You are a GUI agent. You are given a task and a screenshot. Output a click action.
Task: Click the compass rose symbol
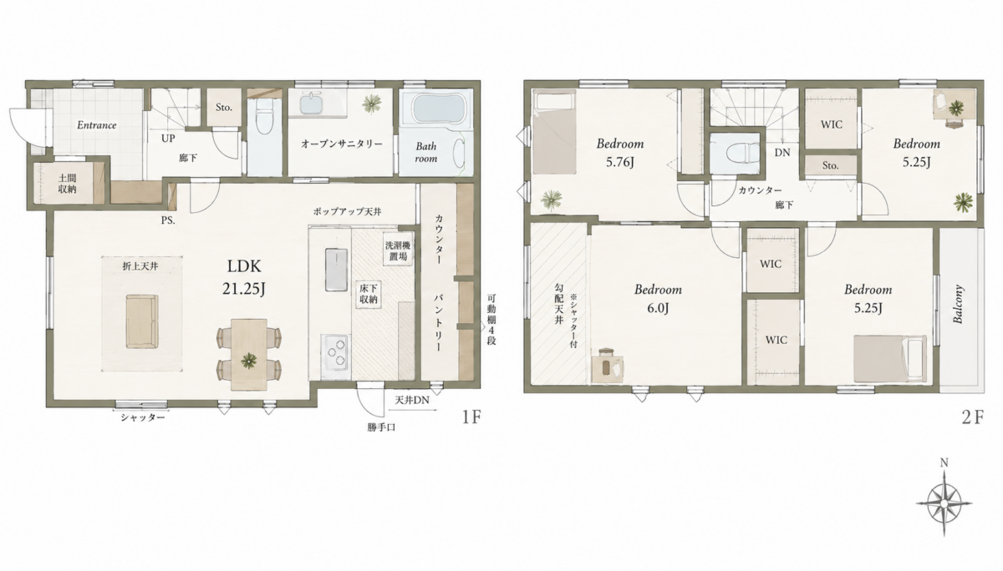coord(944,503)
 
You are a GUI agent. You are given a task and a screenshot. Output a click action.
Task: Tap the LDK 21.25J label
coord(244,278)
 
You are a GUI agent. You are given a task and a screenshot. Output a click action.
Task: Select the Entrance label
coord(97,125)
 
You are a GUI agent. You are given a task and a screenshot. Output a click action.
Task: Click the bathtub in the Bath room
coord(435,109)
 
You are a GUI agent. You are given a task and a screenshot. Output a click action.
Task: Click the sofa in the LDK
coord(142,321)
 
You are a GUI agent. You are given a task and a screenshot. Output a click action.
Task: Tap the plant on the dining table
coord(248,361)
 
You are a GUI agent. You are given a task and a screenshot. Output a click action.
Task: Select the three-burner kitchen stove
coord(335,352)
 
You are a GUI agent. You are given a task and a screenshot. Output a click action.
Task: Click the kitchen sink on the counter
coord(336,270)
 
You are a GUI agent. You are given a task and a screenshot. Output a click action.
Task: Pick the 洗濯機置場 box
coord(398,251)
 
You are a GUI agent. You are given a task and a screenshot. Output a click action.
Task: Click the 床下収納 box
coord(368,294)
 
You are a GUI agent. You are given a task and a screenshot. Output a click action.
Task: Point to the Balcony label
coord(958,304)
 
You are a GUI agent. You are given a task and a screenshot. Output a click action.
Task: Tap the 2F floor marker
coord(973,417)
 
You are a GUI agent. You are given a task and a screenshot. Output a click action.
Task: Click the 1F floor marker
coord(471,417)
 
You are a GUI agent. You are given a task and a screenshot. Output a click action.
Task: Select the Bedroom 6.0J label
coord(658,299)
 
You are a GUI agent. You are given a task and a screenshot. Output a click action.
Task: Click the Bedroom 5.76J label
coord(620,153)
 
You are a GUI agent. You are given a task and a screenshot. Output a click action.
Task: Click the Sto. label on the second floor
coord(831,165)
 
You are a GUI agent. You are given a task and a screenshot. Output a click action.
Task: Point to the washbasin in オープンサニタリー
coord(311,104)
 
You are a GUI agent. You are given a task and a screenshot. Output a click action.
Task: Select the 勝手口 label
coord(381,427)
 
